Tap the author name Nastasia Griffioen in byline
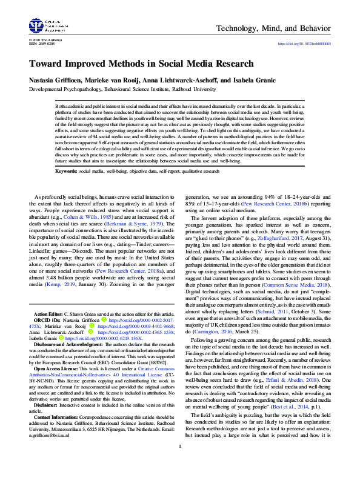tap(55, 81)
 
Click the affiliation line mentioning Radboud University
tap(122, 89)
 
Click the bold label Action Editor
tap(50, 315)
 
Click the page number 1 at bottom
tap(180, 464)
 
